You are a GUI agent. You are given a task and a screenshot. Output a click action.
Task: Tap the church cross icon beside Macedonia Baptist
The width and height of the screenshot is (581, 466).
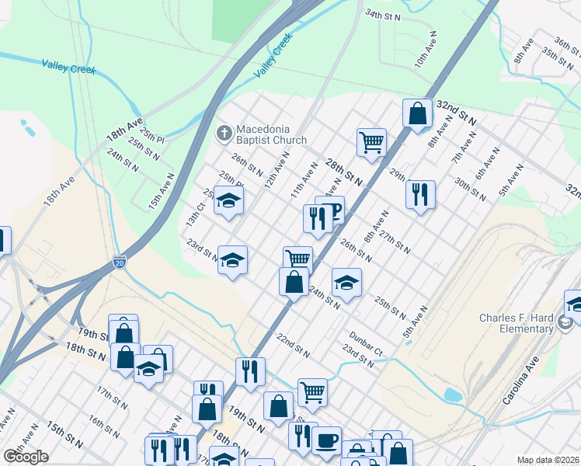(224, 132)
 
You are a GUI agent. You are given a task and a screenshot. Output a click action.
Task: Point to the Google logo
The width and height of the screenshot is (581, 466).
(26, 457)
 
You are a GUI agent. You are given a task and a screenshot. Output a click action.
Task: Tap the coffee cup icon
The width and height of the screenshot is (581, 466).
(326, 440)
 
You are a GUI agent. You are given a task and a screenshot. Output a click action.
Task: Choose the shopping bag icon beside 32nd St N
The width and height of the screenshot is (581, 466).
(417, 113)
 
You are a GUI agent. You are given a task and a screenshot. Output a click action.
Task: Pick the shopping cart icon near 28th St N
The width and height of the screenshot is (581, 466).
(371, 142)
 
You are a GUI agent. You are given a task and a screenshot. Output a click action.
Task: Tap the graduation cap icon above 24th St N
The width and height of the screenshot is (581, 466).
(346, 282)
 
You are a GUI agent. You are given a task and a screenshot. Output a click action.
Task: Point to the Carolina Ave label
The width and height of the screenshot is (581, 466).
(520, 386)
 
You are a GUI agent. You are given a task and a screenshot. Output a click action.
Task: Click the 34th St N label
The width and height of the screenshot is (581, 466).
(383, 15)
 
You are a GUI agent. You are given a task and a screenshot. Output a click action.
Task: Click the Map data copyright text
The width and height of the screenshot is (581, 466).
(548, 460)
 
